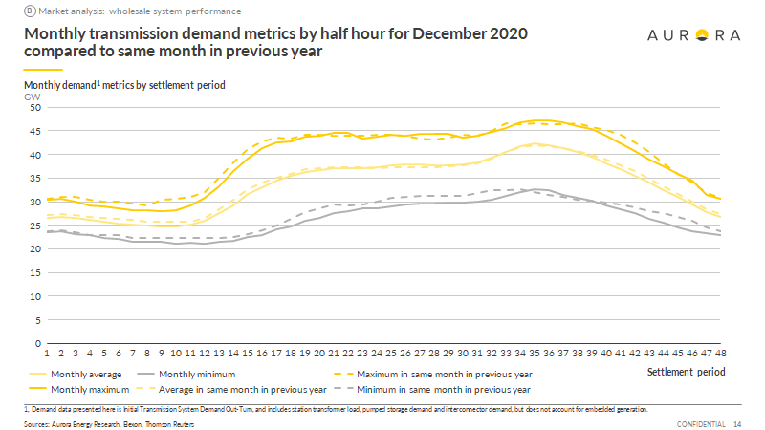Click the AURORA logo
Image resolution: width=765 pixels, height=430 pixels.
click(x=694, y=35)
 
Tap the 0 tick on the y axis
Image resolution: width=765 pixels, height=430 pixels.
click(x=37, y=343)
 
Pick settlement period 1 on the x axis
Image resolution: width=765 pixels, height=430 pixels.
click(x=48, y=353)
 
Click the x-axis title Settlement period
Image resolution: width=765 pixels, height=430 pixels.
click(x=686, y=372)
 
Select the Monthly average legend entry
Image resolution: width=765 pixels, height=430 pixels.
click(x=91, y=375)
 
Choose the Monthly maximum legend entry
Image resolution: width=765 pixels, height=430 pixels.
click(x=94, y=390)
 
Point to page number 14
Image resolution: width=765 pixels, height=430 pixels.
click(x=737, y=423)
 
